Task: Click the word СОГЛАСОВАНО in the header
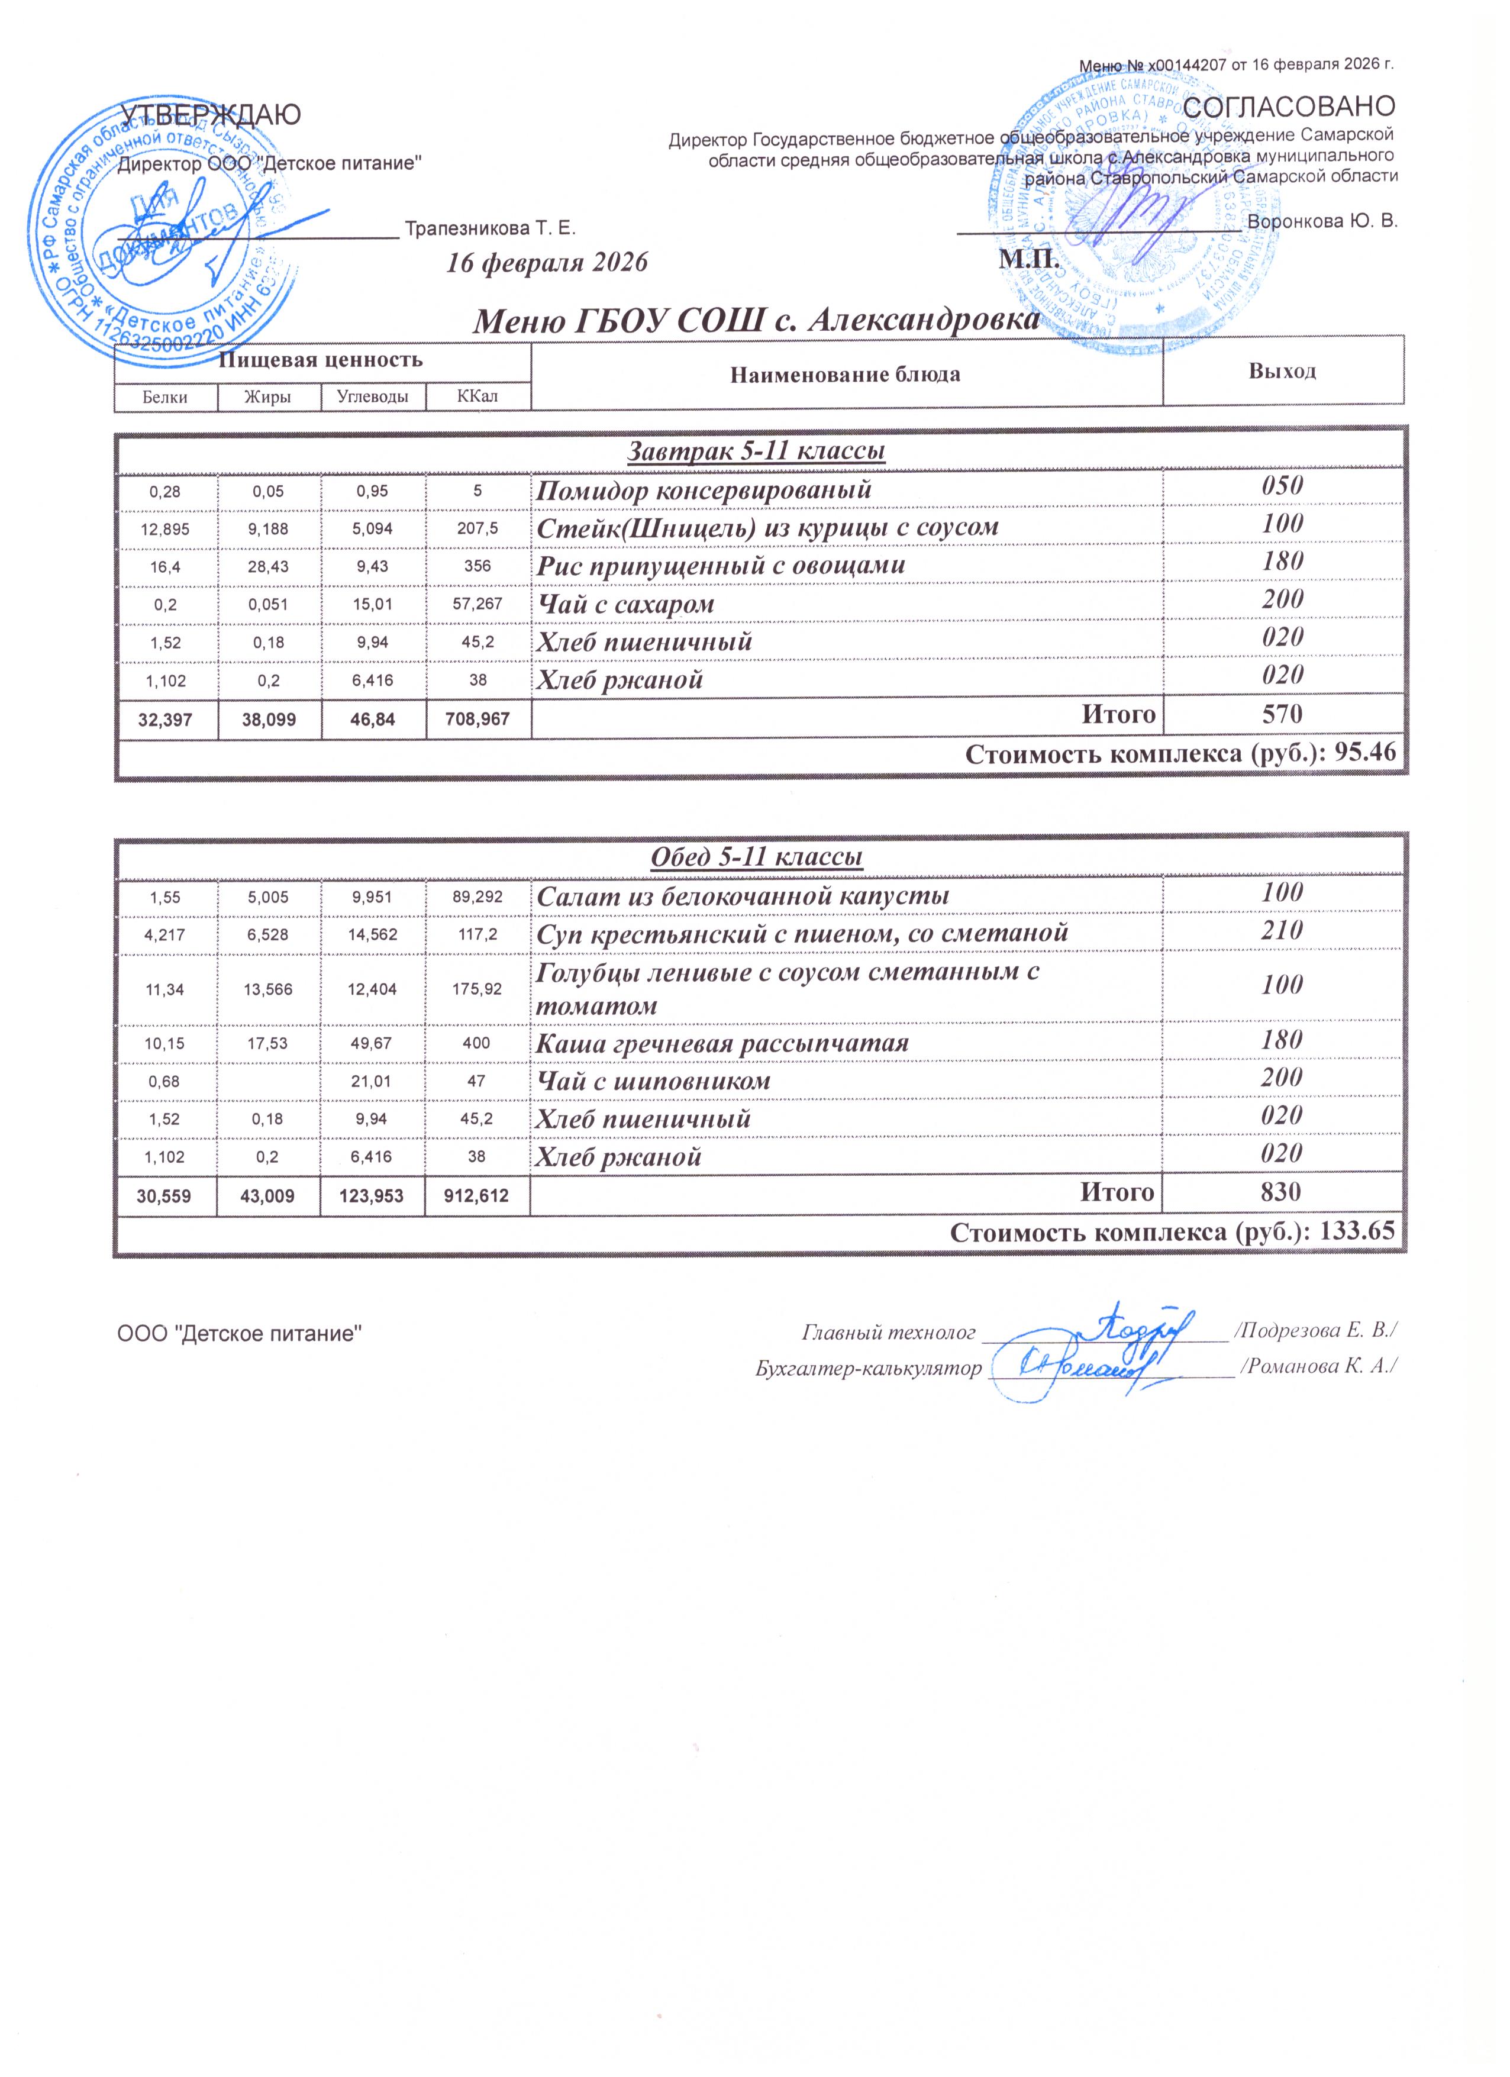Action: pyautogui.click(x=1290, y=107)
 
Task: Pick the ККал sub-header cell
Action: pyautogui.click(x=477, y=396)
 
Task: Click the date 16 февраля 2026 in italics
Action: pyautogui.click(x=547, y=263)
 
